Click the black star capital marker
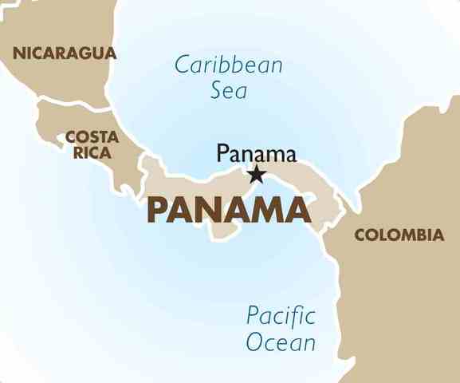tap(257, 173)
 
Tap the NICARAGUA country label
tap(65, 53)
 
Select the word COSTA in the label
tap(92, 136)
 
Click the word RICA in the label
tap(92, 152)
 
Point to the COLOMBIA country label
tap(399, 235)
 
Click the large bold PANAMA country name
tap(229, 209)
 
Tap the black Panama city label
tap(256, 153)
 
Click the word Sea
tap(229, 90)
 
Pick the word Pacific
tap(281, 315)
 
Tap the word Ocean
tap(281, 342)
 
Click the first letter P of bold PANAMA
tap(157, 209)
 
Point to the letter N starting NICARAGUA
tap(18, 53)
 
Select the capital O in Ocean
tap(254, 343)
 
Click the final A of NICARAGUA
tap(111, 53)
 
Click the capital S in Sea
tap(217, 90)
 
